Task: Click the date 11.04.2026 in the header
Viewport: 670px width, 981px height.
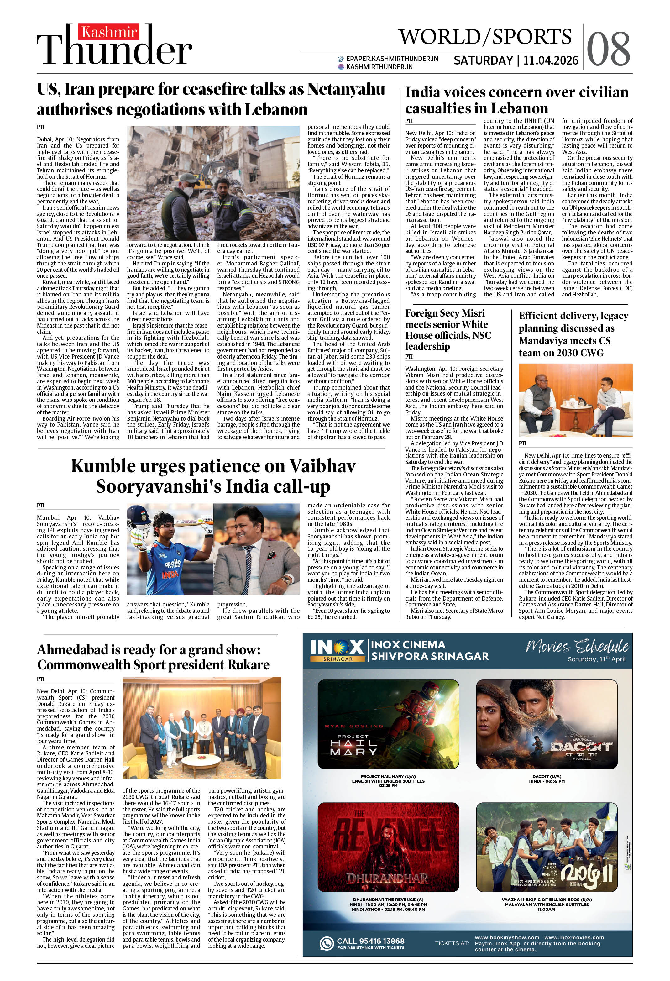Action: point(551,61)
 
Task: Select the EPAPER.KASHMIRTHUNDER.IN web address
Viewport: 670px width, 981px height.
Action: point(391,59)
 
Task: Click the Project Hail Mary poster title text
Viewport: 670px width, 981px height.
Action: point(353,745)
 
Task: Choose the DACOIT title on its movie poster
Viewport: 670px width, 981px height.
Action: point(581,747)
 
